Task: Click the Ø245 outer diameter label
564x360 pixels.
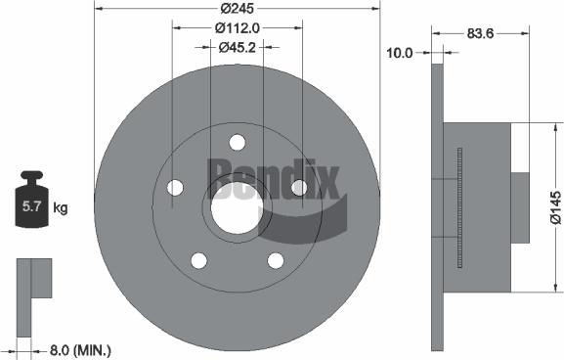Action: tap(237, 7)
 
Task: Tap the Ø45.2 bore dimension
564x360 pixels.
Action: tap(237, 46)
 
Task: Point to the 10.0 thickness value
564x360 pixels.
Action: tap(400, 55)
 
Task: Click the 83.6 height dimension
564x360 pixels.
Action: tap(478, 34)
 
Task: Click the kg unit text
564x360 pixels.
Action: tap(60, 207)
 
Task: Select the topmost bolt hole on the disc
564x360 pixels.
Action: tap(237, 142)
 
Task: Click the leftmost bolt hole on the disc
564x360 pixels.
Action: tap(175, 187)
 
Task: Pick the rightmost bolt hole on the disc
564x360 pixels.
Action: tap(299, 187)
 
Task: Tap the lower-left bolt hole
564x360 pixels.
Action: tap(198, 260)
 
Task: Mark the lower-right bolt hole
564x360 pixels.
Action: tap(276, 260)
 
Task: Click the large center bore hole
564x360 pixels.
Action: tap(237, 208)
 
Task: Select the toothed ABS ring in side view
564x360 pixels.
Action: tap(458, 206)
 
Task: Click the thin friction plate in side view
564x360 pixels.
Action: tap(437, 206)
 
